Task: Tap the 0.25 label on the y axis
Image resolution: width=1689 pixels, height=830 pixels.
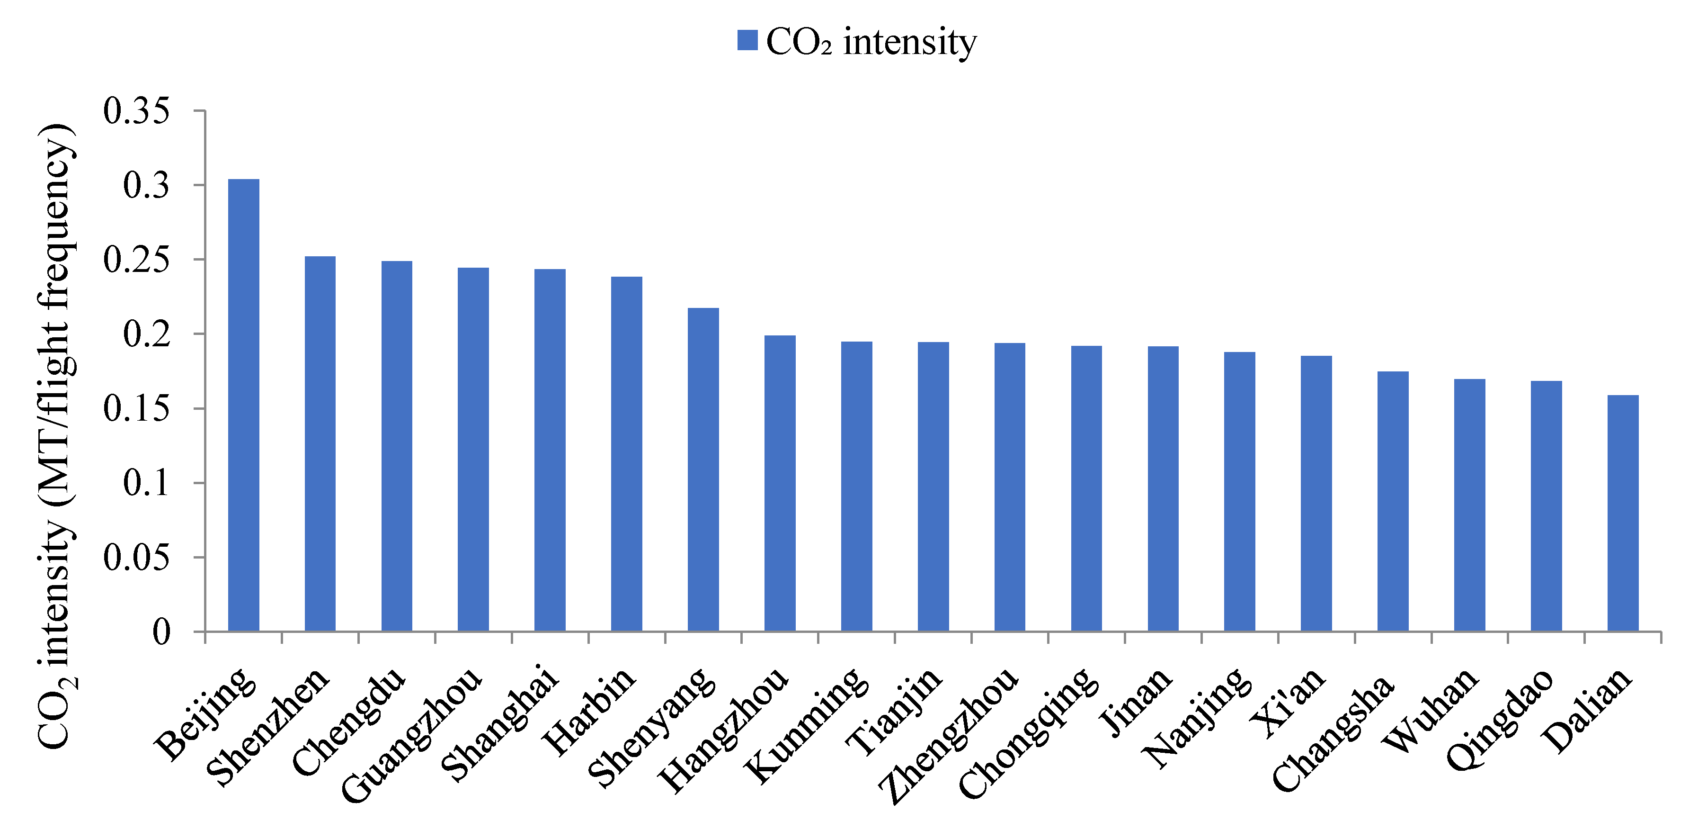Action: point(136,259)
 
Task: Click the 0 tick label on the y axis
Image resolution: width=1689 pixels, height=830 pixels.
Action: point(161,632)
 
